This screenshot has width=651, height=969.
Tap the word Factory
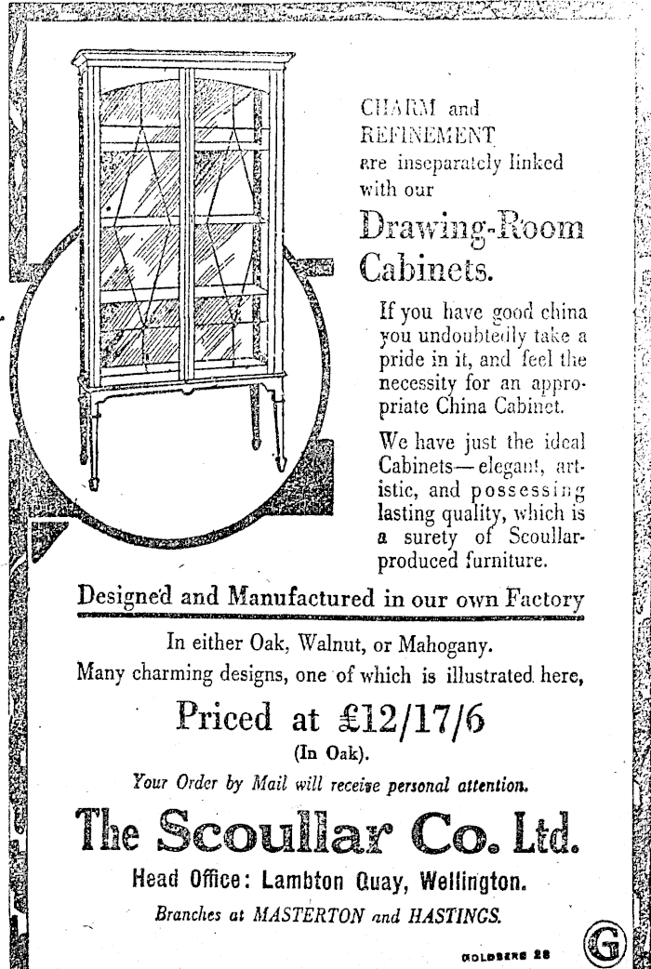pyautogui.click(x=543, y=597)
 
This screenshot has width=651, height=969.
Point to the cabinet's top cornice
pyautogui.click(x=183, y=59)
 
